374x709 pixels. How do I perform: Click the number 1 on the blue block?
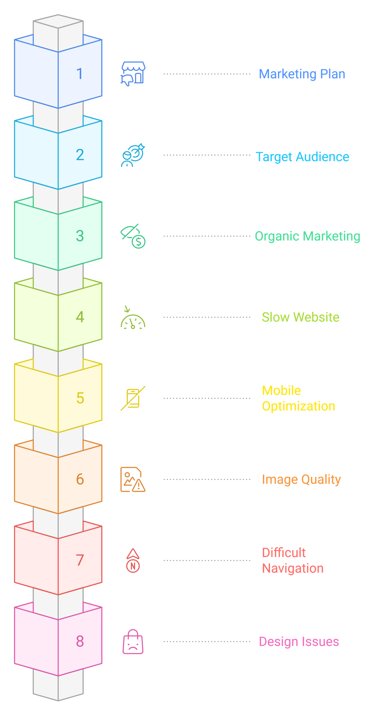pyautogui.click(x=79, y=74)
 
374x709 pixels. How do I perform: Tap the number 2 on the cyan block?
pyautogui.click(x=80, y=155)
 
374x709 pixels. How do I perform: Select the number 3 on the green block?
pyautogui.click(x=80, y=236)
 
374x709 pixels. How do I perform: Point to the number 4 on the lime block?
pyautogui.click(x=80, y=317)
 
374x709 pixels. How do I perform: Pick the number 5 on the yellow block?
pyautogui.click(x=80, y=398)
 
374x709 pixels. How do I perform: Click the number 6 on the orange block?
pyautogui.click(x=80, y=479)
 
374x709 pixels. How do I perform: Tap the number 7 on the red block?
pyautogui.click(x=80, y=560)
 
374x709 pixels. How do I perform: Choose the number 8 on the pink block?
pyautogui.click(x=80, y=641)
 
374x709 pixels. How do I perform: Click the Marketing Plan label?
pyautogui.click(x=302, y=74)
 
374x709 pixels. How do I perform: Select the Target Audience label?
pyautogui.click(x=302, y=157)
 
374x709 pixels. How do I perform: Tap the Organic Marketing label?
pyautogui.click(x=307, y=236)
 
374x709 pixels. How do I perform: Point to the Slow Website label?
pyautogui.click(x=300, y=317)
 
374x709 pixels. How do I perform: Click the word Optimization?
pyautogui.click(x=298, y=406)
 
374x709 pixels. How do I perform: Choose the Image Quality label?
pyautogui.click(x=301, y=479)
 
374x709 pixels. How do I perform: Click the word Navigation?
pyautogui.click(x=293, y=568)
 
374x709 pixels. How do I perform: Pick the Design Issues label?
pyautogui.click(x=299, y=642)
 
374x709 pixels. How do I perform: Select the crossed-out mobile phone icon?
pyautogui.click(x=133, y=398)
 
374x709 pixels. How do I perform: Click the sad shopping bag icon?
pyautogui.click(x=133, y=642)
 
